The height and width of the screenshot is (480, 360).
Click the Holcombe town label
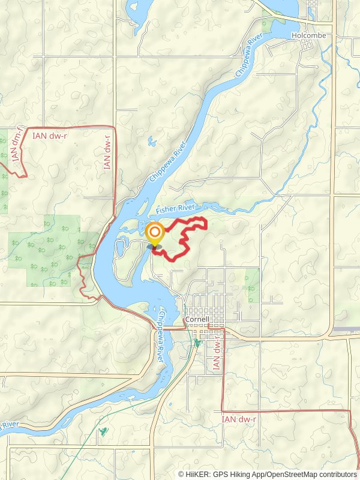point(308,35)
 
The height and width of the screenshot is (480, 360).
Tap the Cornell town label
point(197,319)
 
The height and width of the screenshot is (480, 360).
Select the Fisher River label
point(176,208)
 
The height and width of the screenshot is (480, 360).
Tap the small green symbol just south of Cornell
point(197,343)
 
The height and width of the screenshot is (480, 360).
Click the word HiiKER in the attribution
point(197,474)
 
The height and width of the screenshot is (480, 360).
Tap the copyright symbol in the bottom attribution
point(181,474)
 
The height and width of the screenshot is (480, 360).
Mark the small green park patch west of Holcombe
point(266,25)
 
